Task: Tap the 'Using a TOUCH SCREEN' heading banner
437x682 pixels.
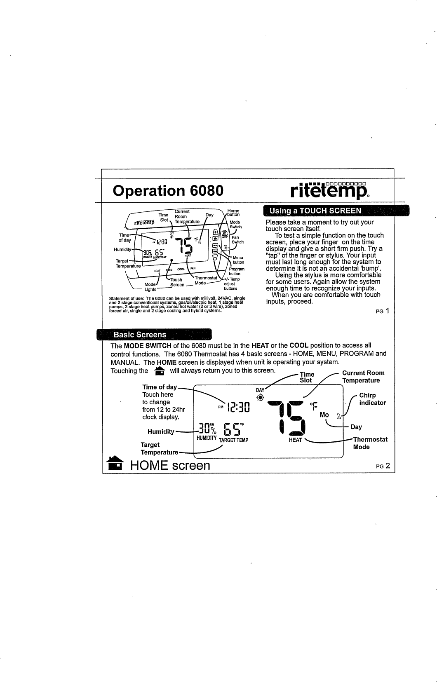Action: [x=315, y=211]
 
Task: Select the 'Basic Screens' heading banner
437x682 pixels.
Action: [x=140, y=335]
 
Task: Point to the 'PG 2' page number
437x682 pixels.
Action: [x=382, y=466]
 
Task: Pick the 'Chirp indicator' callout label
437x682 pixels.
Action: [x=372, y=399]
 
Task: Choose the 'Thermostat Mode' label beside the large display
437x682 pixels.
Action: [x=370, y=443]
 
